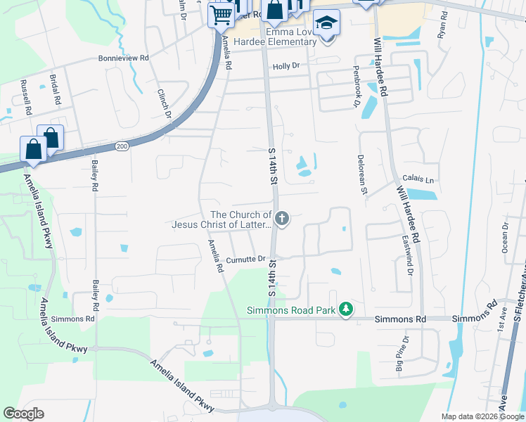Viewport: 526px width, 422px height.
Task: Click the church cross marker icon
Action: click(282, 219)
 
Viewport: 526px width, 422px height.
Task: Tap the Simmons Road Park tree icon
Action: click(345, 309)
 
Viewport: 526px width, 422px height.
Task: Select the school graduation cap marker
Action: click(326, 24)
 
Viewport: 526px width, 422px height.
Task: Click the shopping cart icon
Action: click(222, 14)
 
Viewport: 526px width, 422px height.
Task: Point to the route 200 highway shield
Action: click(122, 146)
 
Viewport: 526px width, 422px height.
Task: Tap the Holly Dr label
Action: click(286, 65)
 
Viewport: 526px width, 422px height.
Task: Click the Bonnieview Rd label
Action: click(124, 58)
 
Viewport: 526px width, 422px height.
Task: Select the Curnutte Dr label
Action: click(245, 260)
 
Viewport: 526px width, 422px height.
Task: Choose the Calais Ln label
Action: click(418, 180)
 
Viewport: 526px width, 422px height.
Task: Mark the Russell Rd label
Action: click(26, 97)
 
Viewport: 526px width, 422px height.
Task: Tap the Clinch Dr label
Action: click(165, 103)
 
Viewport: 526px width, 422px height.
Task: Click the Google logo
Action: click(23, 414)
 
